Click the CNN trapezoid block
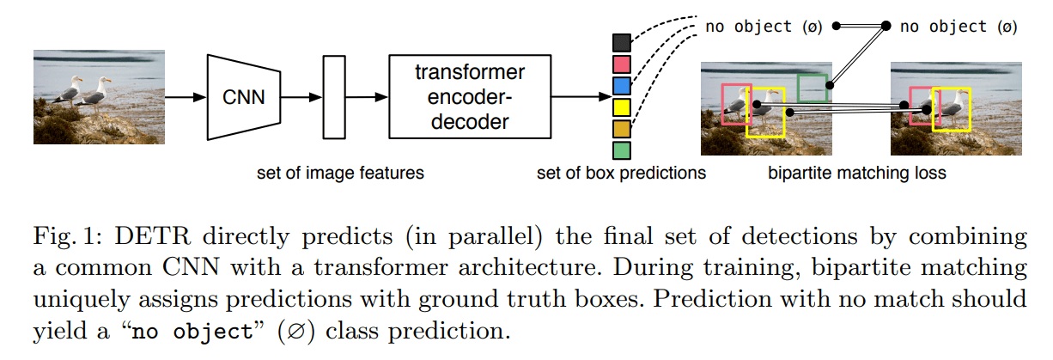(x=244, y=96)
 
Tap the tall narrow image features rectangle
(x=333, y=96)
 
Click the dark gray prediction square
(x=622, y=43)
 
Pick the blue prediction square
(x=622, y=86)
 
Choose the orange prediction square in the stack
(x=622, y=129)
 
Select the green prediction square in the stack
(x=622, y=150)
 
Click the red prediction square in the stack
(x=622, y=64)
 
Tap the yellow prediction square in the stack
(x=622, y=107)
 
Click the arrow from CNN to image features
(x=301, y=97)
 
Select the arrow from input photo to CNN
(x=185, y=97)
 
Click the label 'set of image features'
(x=341, y=173)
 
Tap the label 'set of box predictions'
(x=621, y=173)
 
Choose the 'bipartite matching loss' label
(x=857, y=173)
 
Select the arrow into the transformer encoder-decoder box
(x=367, y=97)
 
